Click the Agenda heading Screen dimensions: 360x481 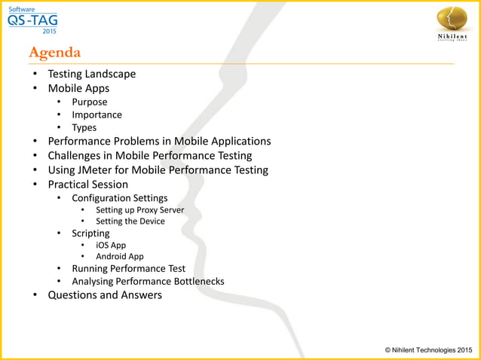(x=54, y=53)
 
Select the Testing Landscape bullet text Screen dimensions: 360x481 (x=91, y=74)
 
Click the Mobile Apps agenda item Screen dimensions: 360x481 (x=78, y=88)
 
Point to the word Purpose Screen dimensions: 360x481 (x=89, y=102)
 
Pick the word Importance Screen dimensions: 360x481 (x=97, y=114)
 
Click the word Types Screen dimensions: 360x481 (x=84, y=127)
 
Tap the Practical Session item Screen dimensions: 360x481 (x=87, y=184)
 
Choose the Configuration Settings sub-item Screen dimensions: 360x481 (x=119, y=198)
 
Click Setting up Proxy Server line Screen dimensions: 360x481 (x=139, y=210)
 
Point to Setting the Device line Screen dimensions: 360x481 (x=130, y=221)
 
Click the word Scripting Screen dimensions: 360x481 (x=90, y=233)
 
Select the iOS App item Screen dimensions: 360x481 (x=111, y=245)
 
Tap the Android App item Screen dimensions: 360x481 (x=119, y=256)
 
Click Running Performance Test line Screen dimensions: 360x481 (x=128, y=268)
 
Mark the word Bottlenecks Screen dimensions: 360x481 (x=196, y=282)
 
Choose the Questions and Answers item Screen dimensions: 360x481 (x=105, y=294)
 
